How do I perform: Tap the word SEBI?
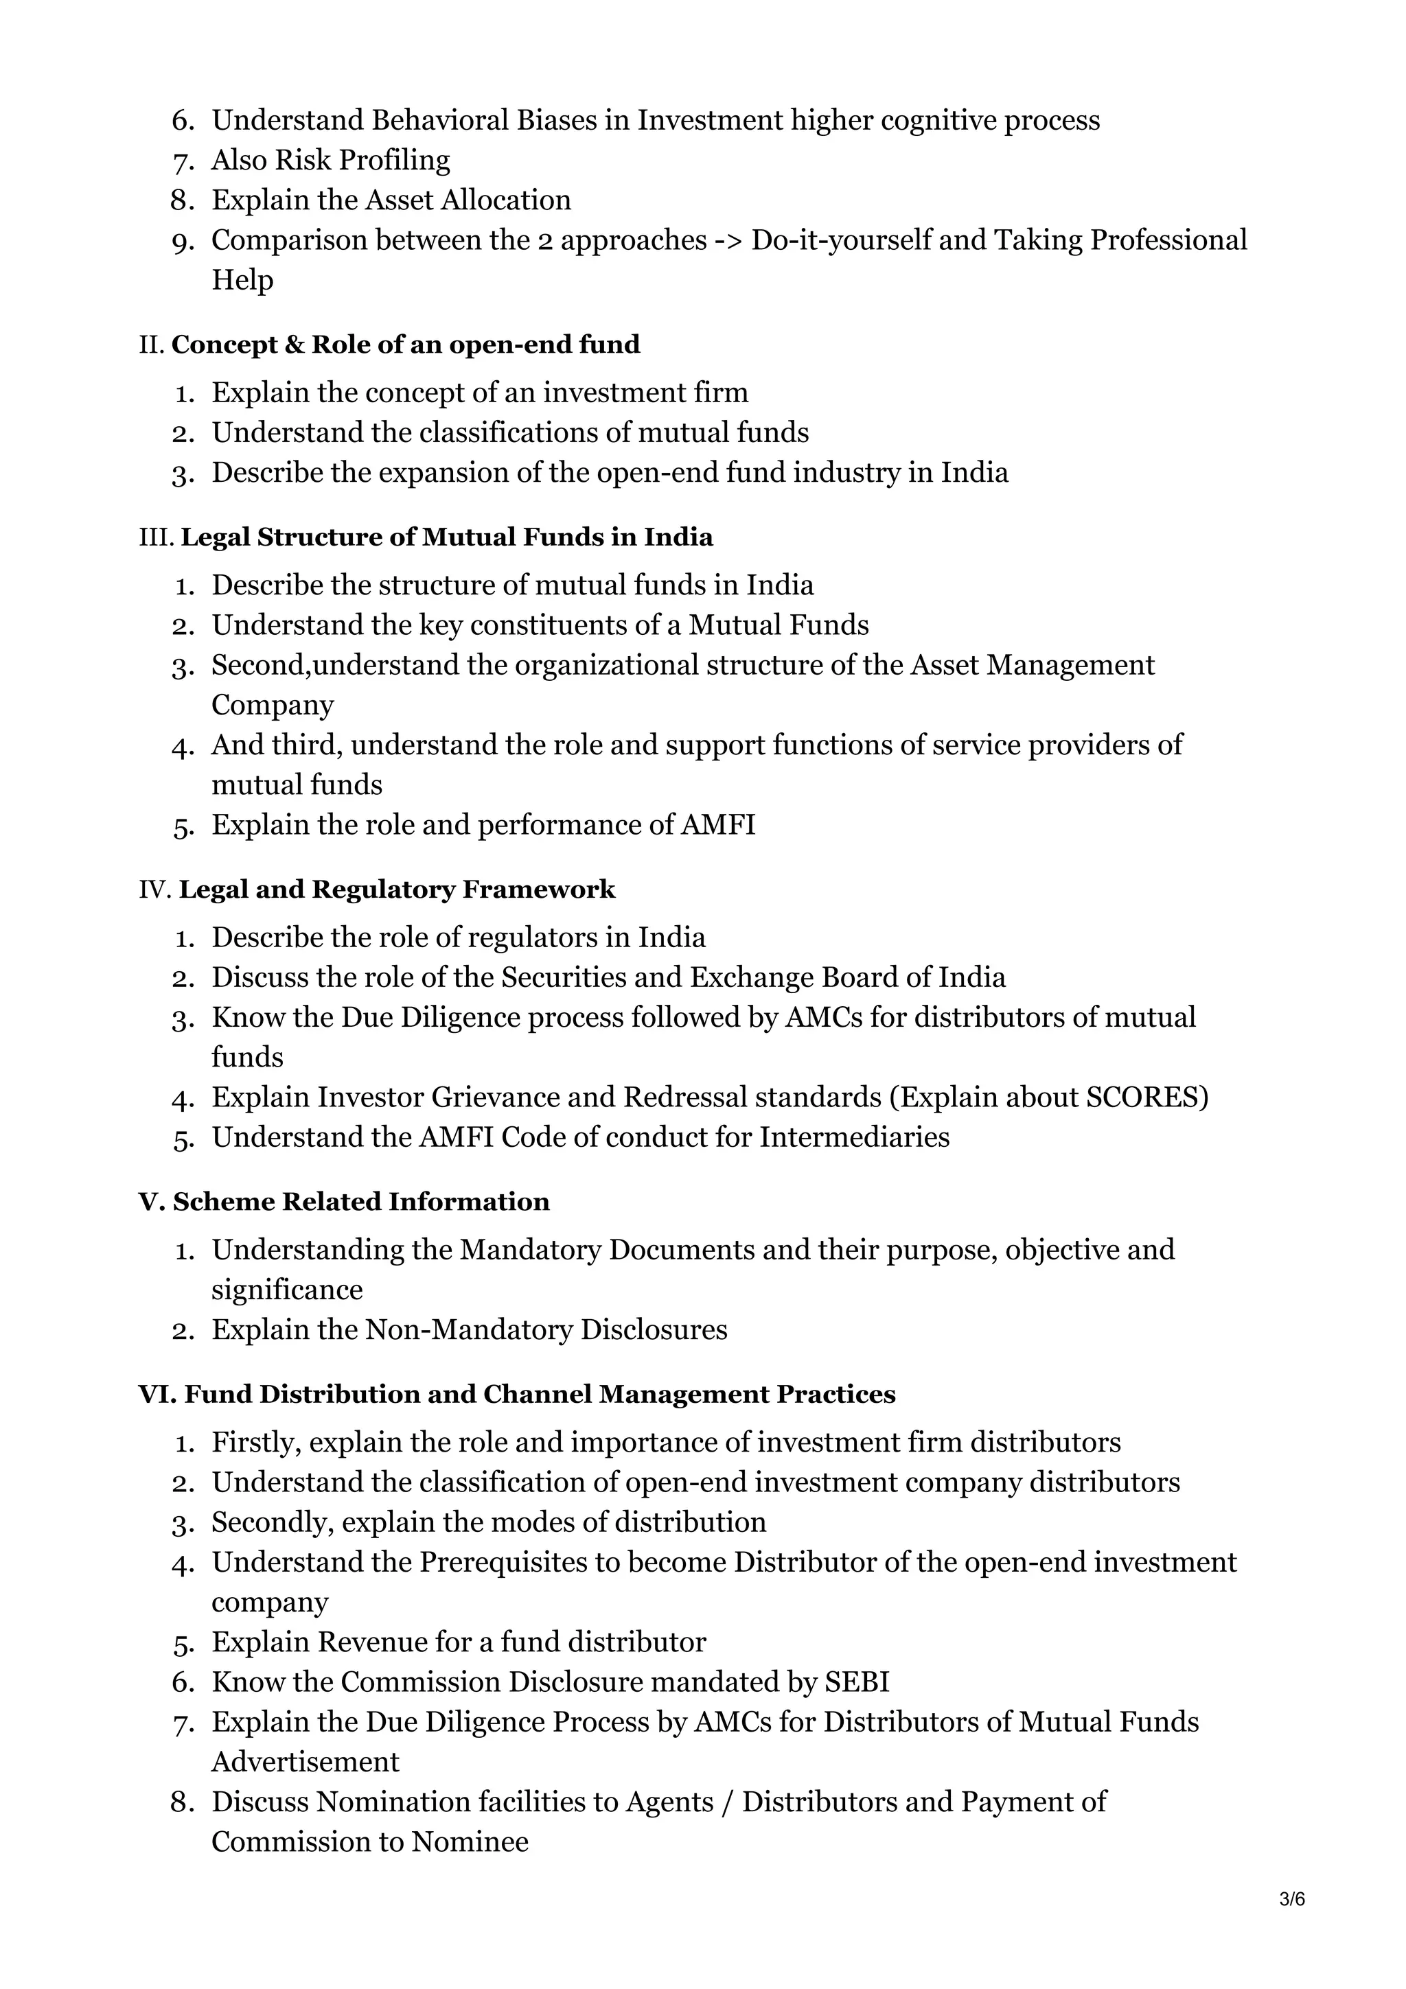[x=857, y=1682]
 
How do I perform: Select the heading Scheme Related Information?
[x=360, y=1202]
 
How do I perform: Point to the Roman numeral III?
[x=156, y=537]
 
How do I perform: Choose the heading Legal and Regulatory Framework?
[x=397, y=889]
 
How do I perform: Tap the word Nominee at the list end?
[x=470, y=1841]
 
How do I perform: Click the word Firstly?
[x=257, y=1443]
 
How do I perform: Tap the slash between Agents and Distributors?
[x=724, y=1801]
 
